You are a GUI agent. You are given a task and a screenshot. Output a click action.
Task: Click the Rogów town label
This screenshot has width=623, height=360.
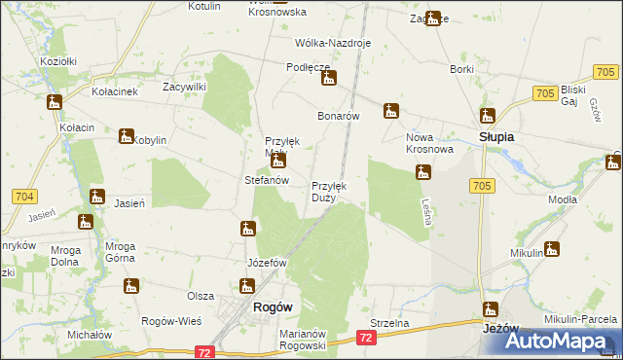tap(273, 306)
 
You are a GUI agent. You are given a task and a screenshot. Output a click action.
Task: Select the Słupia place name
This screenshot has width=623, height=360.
tap(496, 137)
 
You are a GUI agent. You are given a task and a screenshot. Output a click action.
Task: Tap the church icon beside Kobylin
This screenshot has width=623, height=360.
tap(127, 136)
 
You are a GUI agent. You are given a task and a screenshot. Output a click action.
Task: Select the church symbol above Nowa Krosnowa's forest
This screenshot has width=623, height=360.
tap(423, 173)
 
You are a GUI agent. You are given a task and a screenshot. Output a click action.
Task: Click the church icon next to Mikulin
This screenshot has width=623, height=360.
tap(553, 248)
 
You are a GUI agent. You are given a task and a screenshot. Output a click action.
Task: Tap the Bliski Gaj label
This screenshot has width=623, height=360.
tap(577, 95)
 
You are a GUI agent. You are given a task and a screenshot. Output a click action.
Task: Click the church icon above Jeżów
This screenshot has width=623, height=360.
tap(491, 310)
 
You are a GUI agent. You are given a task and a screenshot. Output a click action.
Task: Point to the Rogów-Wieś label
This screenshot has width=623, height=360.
tap(171, 322)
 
